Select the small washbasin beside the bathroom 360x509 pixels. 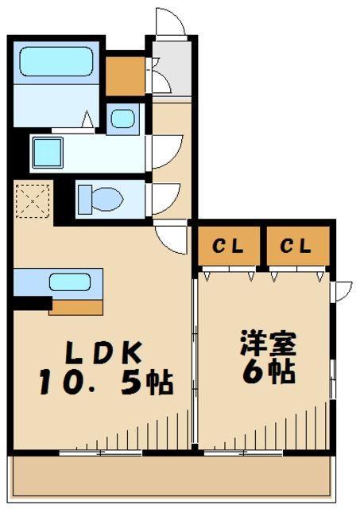122,119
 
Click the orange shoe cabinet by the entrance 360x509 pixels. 125,73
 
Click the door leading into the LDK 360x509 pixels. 170,235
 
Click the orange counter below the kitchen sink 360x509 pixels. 77,306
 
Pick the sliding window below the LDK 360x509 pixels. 100,453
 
